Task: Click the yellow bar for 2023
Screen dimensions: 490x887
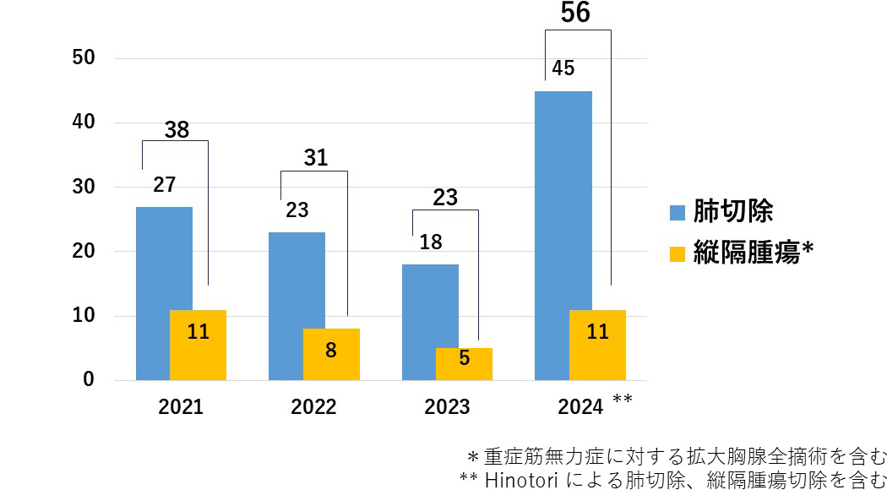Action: coord(464,364)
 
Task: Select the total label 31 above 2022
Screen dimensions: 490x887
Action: coord(315,157)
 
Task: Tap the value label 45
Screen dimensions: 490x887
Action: coord(563,68)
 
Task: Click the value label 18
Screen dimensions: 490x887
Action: coord(431,242)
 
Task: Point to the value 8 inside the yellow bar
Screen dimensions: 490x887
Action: coord(331,350)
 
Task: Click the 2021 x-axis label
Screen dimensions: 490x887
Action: coord(181,407)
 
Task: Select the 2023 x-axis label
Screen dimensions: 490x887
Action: coord(447,407)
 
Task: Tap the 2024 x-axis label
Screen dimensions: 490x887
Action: coord(580,407)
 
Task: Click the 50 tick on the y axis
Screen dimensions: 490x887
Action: coord(84,58)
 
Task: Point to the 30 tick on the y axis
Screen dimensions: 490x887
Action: coord(84,188)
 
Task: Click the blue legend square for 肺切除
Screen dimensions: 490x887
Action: coord(677,212)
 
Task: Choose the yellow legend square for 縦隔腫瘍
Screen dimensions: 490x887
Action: coord(677,253)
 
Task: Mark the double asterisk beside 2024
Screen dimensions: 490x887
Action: coord(622,399)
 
